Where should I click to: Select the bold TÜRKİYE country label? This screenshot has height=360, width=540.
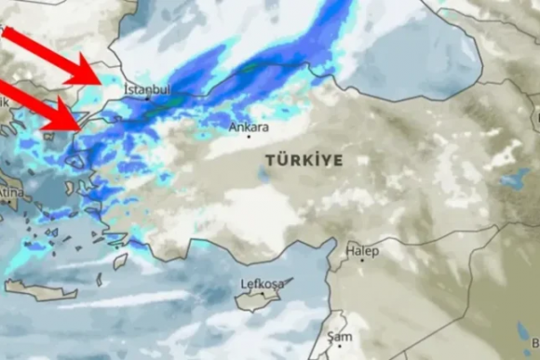click(x=304, y=160)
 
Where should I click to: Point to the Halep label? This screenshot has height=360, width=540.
click(x=362, y=251)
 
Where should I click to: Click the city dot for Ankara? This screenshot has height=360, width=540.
click(x=248, y=137)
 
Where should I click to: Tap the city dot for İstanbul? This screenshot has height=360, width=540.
click(x=146, y=98)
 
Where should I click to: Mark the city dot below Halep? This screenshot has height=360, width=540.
click(x=362, y=260)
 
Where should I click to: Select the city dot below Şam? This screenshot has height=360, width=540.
click(x=338, y=346)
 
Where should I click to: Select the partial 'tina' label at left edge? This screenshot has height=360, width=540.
click(x=10, y=193)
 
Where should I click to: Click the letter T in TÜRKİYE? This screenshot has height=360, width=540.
click(x=270, y=160)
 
